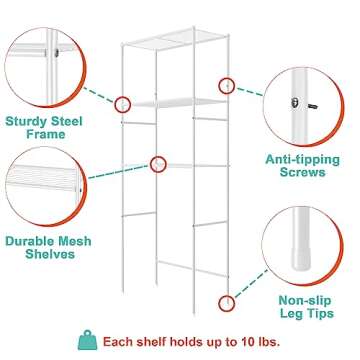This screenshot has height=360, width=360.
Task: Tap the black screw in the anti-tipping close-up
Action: coord(303,100)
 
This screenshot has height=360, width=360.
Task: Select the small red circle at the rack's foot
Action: coord(226,299)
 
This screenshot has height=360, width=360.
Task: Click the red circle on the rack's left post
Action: coord(124,103)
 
